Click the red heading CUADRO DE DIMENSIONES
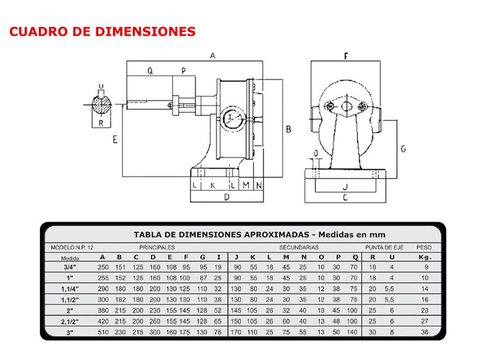click(x=102, y=31)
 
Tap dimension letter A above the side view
click(x=212, y=56)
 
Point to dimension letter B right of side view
click(x=288, y=129)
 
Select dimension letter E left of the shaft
click(x=115, y=139)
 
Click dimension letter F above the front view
click(x=346, y=56)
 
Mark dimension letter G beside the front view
click(x=403, y=149)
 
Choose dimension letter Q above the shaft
click(x=150, y=72)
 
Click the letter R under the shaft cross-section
click(x=101, y=123)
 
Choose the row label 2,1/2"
click(x=67, y=321)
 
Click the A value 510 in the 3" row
click(x=103, y=332)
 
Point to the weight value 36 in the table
click(x=425, y=332)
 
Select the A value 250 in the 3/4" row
click(x=103, y=267)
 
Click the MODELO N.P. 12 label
click(x=72, y=247)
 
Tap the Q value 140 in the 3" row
click(x=352, y=332)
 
